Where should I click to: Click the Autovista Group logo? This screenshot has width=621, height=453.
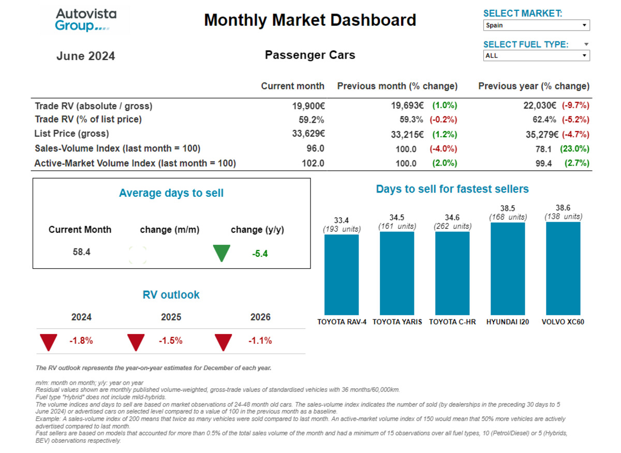86,20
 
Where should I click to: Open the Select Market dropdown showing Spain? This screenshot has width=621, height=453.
536,25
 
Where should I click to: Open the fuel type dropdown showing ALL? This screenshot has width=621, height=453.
536,55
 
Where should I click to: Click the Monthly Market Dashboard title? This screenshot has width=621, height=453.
310,20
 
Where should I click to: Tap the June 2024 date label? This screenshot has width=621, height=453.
85,56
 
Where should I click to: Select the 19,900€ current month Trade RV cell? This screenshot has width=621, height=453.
308,106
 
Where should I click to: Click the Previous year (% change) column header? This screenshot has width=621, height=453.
534,86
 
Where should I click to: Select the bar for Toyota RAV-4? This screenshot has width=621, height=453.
341,274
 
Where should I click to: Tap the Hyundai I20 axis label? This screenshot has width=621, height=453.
508,322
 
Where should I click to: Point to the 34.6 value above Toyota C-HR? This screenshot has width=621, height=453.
452,217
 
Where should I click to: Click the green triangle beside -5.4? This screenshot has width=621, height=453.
221,253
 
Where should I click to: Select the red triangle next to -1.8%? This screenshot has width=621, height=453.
49,342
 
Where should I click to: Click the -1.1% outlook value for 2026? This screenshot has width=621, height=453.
260,341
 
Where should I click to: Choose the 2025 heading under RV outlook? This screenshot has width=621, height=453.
171,317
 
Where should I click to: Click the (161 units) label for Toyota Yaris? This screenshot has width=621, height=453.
396,226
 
